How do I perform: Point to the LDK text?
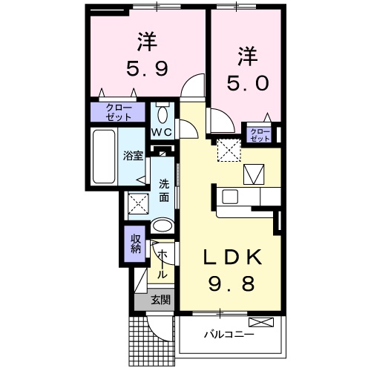coord(232,257)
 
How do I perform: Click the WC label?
coord(162,132)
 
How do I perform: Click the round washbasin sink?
coord(161,226)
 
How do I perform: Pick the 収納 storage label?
coord(136,244)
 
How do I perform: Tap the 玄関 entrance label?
coord(160,301)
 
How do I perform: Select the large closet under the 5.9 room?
coord(119,112)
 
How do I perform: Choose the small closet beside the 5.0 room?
coord(259,134)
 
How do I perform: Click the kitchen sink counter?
coord(249,197)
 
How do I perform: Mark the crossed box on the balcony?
coord(261,322)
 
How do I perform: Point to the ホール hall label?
coord(162,263)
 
